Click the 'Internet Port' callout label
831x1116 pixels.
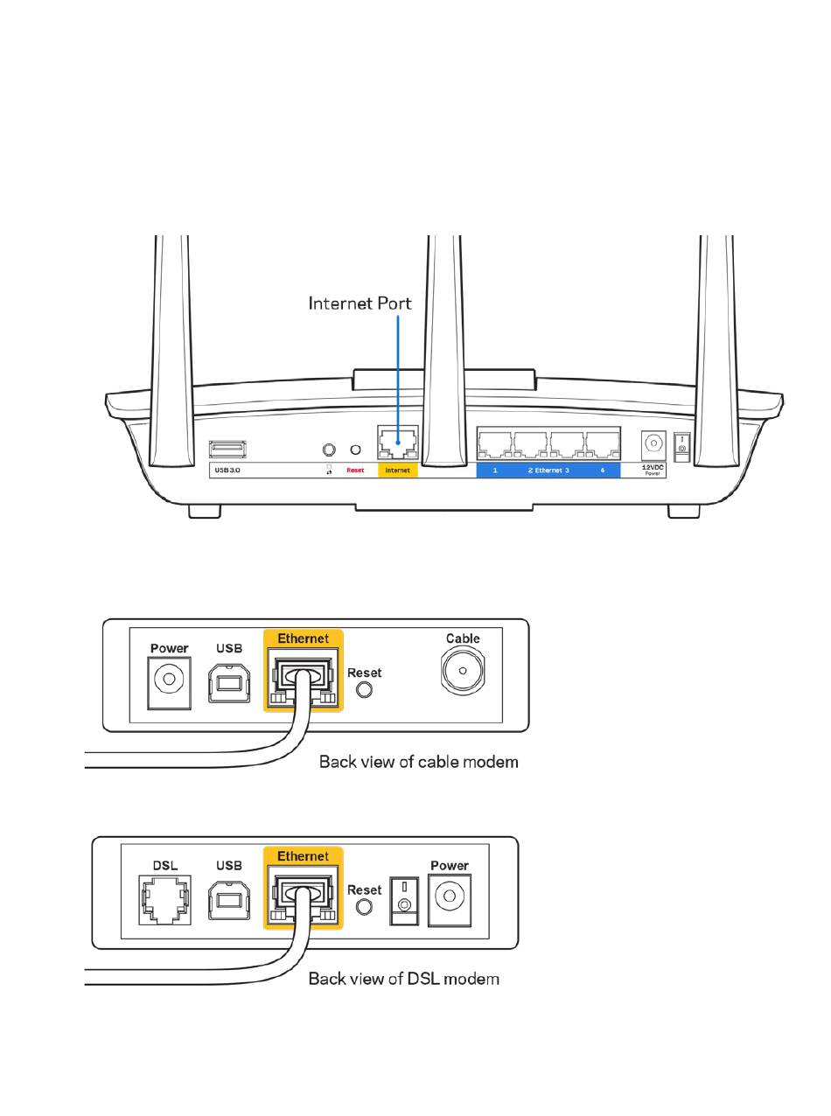tap(360, 303)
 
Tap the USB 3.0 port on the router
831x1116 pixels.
tap(227, 450)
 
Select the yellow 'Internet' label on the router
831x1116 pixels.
tap(398, 471)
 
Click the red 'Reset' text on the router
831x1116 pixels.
tap(355, 471)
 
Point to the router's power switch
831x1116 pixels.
tap(681, 448)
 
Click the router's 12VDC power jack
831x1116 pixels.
tap(653, 444)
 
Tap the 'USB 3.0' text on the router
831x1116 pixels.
tap(227, 471)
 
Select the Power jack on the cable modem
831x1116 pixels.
tap(169, 680)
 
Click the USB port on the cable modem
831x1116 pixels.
tap(228, 681)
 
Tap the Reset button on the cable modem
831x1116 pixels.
tap(366, 689)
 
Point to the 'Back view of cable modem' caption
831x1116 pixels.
tap(418, 762)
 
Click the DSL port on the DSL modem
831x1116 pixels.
tap(164, 899)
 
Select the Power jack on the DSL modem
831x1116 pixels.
tap(450, 898)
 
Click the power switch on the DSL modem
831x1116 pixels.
tap(404, 901)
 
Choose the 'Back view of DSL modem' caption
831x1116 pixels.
tap(403, 979)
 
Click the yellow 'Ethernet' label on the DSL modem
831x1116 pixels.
tap(303, 856)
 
